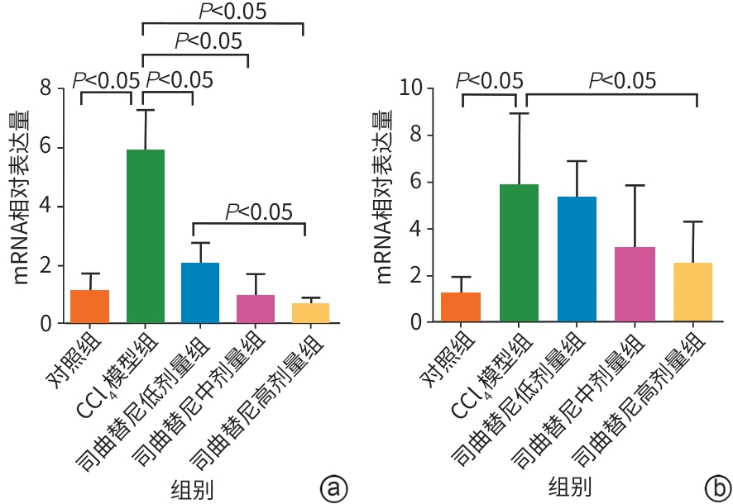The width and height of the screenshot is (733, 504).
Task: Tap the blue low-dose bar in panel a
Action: [200, 292]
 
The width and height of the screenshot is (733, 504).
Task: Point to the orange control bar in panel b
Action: [461, 307]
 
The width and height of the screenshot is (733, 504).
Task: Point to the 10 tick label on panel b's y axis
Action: [410, 88]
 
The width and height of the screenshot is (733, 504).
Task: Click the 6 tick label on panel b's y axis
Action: [417, 182]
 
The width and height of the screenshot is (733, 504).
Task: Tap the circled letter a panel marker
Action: [333, 487]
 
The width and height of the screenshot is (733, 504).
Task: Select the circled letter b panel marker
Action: [716, 487]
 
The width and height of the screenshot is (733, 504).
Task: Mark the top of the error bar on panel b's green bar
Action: [519, 113]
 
